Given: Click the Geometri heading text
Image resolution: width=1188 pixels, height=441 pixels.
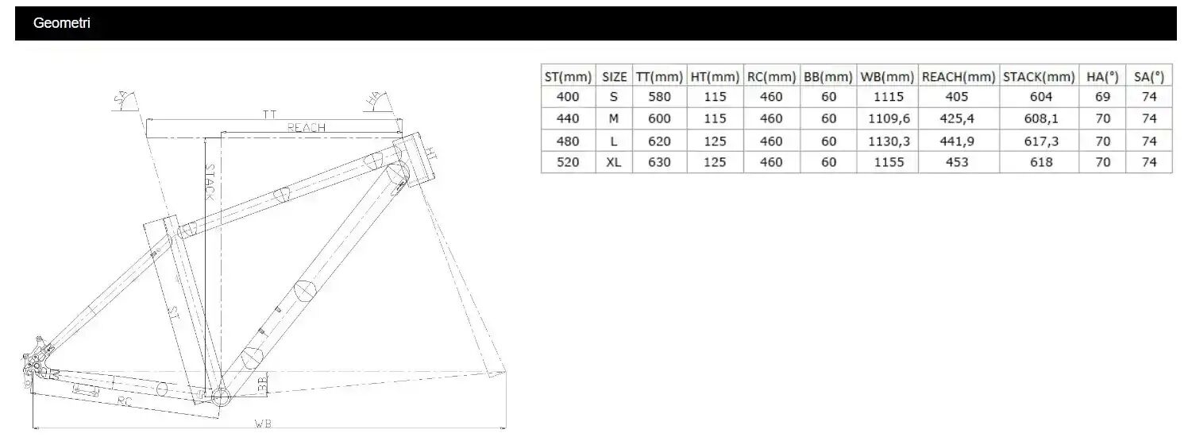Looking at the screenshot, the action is [61, 23].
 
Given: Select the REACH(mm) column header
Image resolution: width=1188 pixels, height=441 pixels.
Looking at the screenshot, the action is [958, 77].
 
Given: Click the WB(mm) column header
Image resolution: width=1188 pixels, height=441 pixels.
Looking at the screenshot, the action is [887, 77].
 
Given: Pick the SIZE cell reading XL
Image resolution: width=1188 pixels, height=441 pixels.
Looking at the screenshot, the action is [614, 162].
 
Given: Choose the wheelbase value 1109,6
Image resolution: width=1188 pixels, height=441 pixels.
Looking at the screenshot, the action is [889, 119].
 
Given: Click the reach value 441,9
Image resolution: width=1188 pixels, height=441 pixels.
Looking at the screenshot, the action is [957, 141].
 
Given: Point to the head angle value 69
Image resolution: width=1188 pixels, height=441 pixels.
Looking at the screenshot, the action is [1102, 97].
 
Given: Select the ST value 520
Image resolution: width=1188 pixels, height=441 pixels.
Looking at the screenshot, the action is [568, 162].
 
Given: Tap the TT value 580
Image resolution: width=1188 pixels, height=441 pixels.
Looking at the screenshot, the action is [659, 97].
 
